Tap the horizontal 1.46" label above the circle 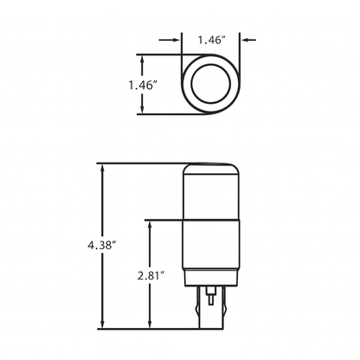pos(211,39)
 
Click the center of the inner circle pos(211,85)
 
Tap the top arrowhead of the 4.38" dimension pos(104,166)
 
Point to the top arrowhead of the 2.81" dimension pos(152,222)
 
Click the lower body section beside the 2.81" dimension pos(210,251)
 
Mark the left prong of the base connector pos(201,312)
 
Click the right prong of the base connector pos(221,312)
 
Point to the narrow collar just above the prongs pos(210,289)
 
